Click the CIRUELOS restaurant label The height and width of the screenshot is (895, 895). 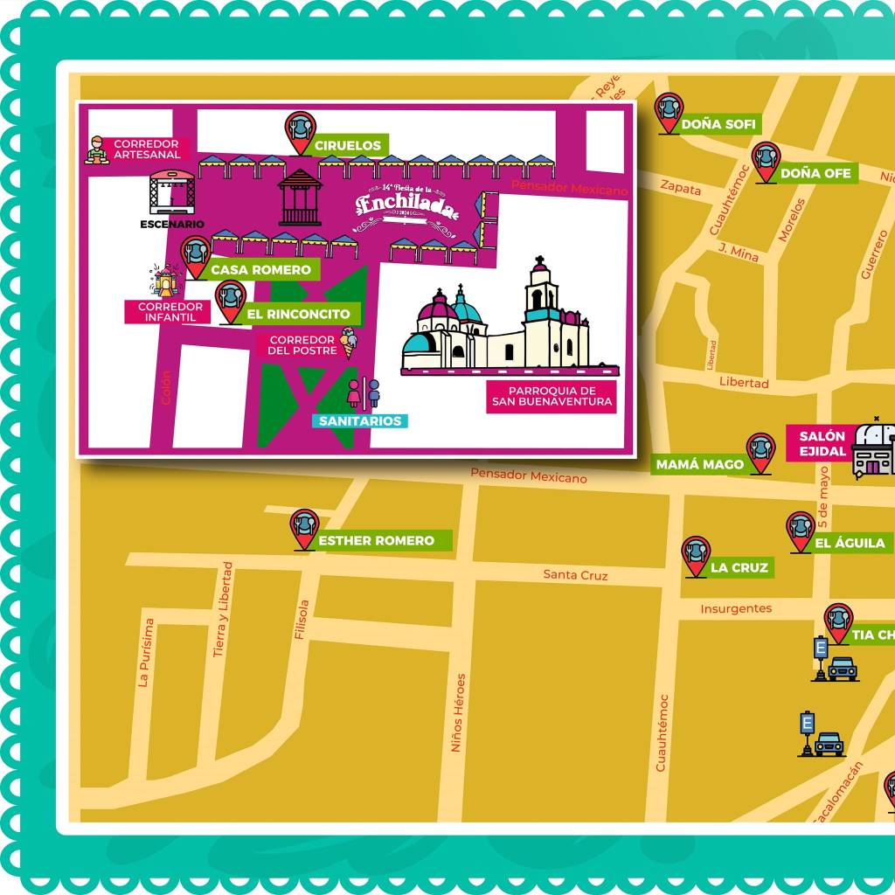pyautogui.click(x=347, y=145)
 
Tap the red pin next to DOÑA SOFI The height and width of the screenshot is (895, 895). pyautogui.click(x=669, y=111)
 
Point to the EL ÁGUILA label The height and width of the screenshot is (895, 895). pyautogui.click(x=850, y=543)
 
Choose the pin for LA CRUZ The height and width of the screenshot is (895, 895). pyautogui.click(x=696, y=554)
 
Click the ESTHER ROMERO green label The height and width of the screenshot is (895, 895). pyautogui.click(x=376, y=541)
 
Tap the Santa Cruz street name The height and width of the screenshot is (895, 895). pyautogui.click(x=575, y=575)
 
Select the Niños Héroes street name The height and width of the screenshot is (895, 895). pyautogui.click(x=458, y=712)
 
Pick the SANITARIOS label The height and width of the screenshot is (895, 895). pyautogui.click(x=359, y=421)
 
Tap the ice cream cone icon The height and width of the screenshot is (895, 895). pyautogui.click(x=349, y=343)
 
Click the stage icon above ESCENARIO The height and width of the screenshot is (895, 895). pyautogui.click(x=172, y=192)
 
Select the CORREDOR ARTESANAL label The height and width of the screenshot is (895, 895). pyautogui.click(x=146, y=149)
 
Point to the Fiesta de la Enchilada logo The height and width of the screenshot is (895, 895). pyautogui.click(x=406, y=208)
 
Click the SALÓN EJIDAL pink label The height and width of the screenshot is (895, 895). pyautogui.click(x=821, y=444)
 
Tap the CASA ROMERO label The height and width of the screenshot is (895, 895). pyautogui.click(x=260, y=270)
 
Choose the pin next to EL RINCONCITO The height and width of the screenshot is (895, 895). pyautogui.click(x=231, y=300)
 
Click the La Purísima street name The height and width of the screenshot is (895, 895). pyautogui.click(x=148, y=653)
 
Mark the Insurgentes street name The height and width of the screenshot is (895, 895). pyautogui.click(x=736, y=608)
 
